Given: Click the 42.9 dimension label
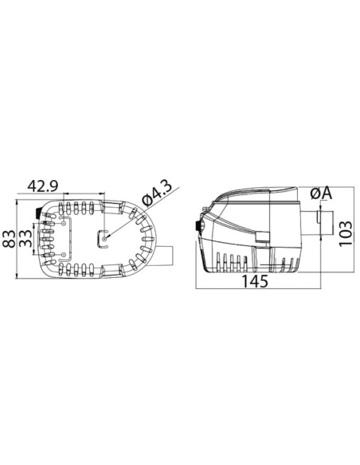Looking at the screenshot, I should click(45, 186).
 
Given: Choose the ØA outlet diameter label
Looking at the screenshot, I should click(322, 194).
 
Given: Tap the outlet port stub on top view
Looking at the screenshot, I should click(165, 256).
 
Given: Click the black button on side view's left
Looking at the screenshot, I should click(198, 227).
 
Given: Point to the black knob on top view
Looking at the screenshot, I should click(39, 213).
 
